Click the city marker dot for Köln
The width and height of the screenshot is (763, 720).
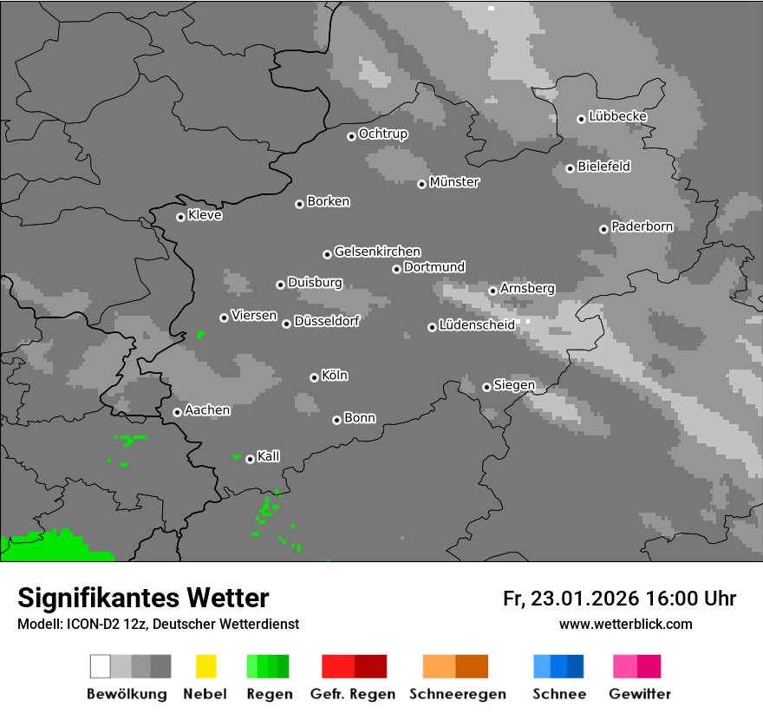(314, 377)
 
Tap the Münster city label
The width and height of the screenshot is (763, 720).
(454, 182)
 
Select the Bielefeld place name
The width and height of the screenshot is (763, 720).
(603, 166)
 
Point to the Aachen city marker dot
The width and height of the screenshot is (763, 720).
(177, 412)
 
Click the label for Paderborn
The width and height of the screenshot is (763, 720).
(642, 226)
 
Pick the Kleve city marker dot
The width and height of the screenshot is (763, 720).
(180, 217)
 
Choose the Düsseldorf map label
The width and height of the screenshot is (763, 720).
(326, 321)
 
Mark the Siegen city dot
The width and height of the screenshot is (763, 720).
(486, 387)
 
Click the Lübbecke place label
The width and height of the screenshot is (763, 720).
(617, 116)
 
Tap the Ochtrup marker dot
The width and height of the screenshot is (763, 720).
(351, 135)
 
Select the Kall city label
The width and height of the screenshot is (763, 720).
(268, 456)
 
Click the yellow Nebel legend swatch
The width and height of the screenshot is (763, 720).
(205, 666)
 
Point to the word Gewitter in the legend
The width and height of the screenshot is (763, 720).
(640, 694)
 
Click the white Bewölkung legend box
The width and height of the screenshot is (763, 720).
(101, 666)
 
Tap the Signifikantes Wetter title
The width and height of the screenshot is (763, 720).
(143, 598)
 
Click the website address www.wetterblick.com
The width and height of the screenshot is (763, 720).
(625, 624)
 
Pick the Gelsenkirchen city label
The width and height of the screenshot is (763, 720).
(377, 252)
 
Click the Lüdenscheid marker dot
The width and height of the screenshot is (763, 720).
(432, 327)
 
